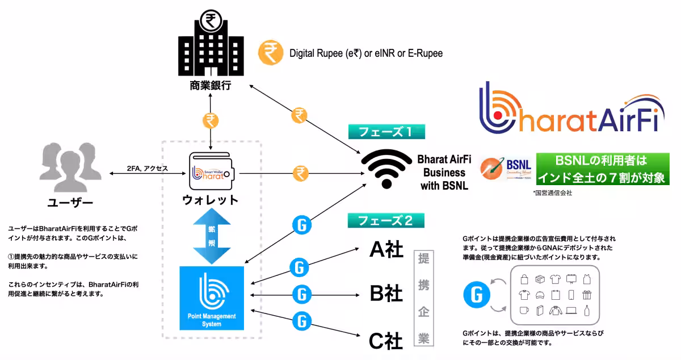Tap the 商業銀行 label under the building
[x=211, y=86]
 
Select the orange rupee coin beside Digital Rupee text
[x=271, y=53]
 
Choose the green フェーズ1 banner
[x=386, y=132]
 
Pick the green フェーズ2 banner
[x=386, y=220]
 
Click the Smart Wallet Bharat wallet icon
[x=211, y=171]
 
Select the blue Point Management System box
[x=212, y=298]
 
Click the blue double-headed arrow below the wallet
[x=211, y=236]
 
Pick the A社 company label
[x=386, y=249]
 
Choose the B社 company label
[x=386, y=294]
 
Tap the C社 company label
[x=386, y=340]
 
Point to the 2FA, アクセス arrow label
[x=147, y=168]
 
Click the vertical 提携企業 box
[x=423, y=298]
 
